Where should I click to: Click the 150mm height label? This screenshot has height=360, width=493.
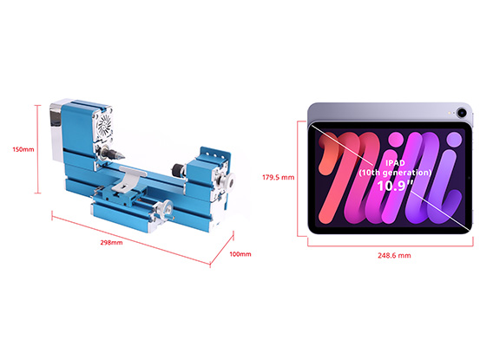pyautogui.click(x=23, y=149)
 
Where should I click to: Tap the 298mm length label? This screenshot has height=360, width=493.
pyautogui.click(x=111, y=243)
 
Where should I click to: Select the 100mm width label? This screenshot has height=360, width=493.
pyautogui.click(x=240, y=254)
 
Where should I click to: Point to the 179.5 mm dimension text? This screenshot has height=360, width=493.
pyautogui.click(x=279, y=178)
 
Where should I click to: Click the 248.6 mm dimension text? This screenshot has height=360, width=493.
pyautogui.click(x=394, y=256)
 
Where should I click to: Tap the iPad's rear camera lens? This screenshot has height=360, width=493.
pyautogui.click(x=462, y=112)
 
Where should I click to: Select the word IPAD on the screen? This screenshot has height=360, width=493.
pyautogui.click(x=395, y=163)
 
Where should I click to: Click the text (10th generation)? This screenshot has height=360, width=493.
pyautogui.click(x=395, y=173)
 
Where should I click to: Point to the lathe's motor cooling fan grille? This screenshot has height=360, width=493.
pyautogui.click(x=104, y=125)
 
